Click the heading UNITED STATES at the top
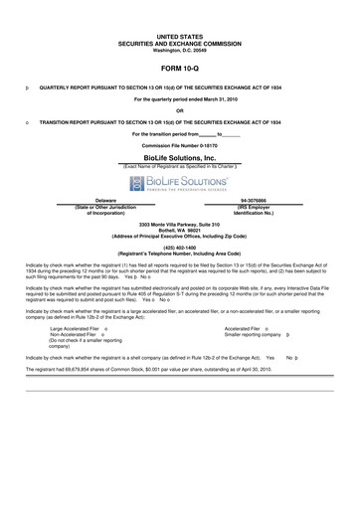pyautogui.click(x=179, y=36)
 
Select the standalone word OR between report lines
pyautogui.click(x=179, y=110)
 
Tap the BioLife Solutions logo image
pyautogui.click(x=179, y=184)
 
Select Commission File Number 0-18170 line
pyautogui.click(x=179, y=145)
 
